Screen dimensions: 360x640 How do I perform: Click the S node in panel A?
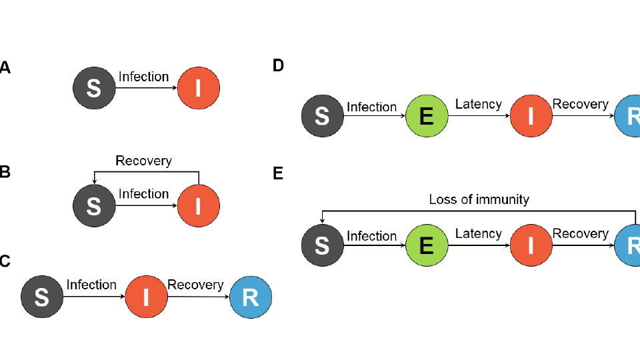(94, 88)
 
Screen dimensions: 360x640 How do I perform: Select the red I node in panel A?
(198, 88)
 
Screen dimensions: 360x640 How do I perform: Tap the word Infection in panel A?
(143, 77)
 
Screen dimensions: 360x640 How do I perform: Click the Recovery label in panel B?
(143, 161)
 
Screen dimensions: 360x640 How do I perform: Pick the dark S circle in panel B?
(94, 206)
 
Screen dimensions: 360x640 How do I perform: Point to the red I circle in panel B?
(198, 206)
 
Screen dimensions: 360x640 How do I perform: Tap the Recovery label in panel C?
(195, 285)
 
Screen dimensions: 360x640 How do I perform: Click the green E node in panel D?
(427, 116)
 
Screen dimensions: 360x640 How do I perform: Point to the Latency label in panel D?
(478, 104)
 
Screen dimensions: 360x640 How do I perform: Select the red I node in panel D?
(531, 116)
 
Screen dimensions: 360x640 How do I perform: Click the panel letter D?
(279, 65)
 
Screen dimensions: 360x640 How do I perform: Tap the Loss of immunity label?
(479, 199)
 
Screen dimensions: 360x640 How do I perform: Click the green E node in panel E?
(427, 245)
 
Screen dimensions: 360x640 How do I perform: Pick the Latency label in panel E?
(478, 233)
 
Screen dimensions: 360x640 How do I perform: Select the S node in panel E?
(322, 245)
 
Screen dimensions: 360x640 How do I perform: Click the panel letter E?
(279, 174)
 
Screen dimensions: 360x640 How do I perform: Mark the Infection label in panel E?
(371, 236)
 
